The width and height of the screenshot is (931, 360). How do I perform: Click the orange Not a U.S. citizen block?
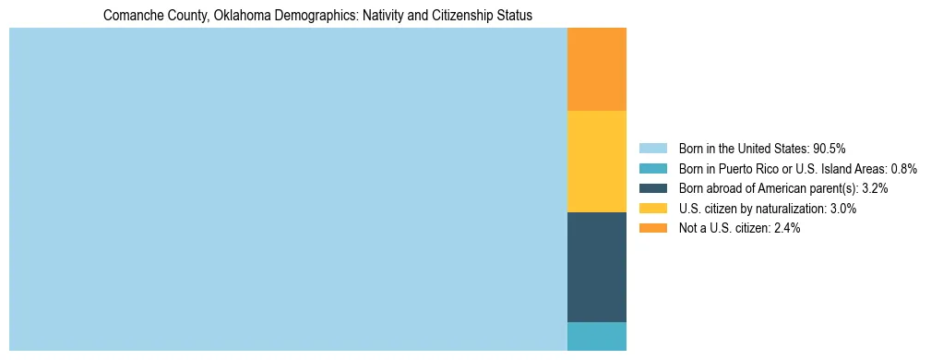[x=596, y=69]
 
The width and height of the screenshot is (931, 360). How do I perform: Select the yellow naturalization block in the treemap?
[x=596, y=162]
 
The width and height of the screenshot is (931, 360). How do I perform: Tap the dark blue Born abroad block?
[x=596, y=267]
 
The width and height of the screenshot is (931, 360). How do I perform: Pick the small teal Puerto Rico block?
[x=596, y=336]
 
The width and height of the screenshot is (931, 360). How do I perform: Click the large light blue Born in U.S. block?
[x=288, y=189]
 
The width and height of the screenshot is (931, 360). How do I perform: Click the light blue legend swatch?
[x=652, y=149]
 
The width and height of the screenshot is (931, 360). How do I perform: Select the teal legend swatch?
[x=652, y=169]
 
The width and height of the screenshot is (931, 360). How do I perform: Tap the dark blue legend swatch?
[x=652, y=188]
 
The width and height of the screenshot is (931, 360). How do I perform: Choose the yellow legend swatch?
[x=652, y=209]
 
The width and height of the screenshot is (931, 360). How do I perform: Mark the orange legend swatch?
[x=652, y=229]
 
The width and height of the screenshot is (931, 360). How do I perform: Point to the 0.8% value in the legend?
[x=903, y=169]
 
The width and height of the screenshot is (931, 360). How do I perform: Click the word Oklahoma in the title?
[x=243, y=16]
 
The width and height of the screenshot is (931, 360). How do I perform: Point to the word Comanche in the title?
[x=128, y=16]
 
